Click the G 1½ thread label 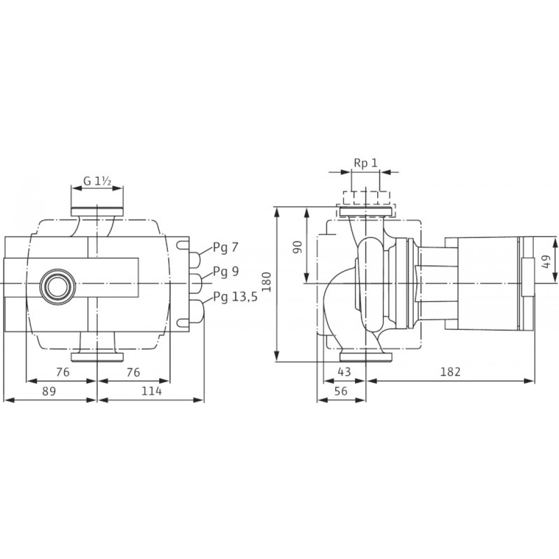[97, 181]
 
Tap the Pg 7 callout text [225, 248]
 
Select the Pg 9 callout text [226, 272]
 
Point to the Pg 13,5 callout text [235, 297]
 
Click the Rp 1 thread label [366, 163]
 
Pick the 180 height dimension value [267, 282]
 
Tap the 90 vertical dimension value [298, 247]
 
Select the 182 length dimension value [451, 372]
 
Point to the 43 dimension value [344, 372]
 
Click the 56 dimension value [341, 391]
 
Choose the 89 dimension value [49, 391]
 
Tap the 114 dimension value [151, 391]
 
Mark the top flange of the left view [97, 212]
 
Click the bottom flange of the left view [97, 357]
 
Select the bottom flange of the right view [366, 357]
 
